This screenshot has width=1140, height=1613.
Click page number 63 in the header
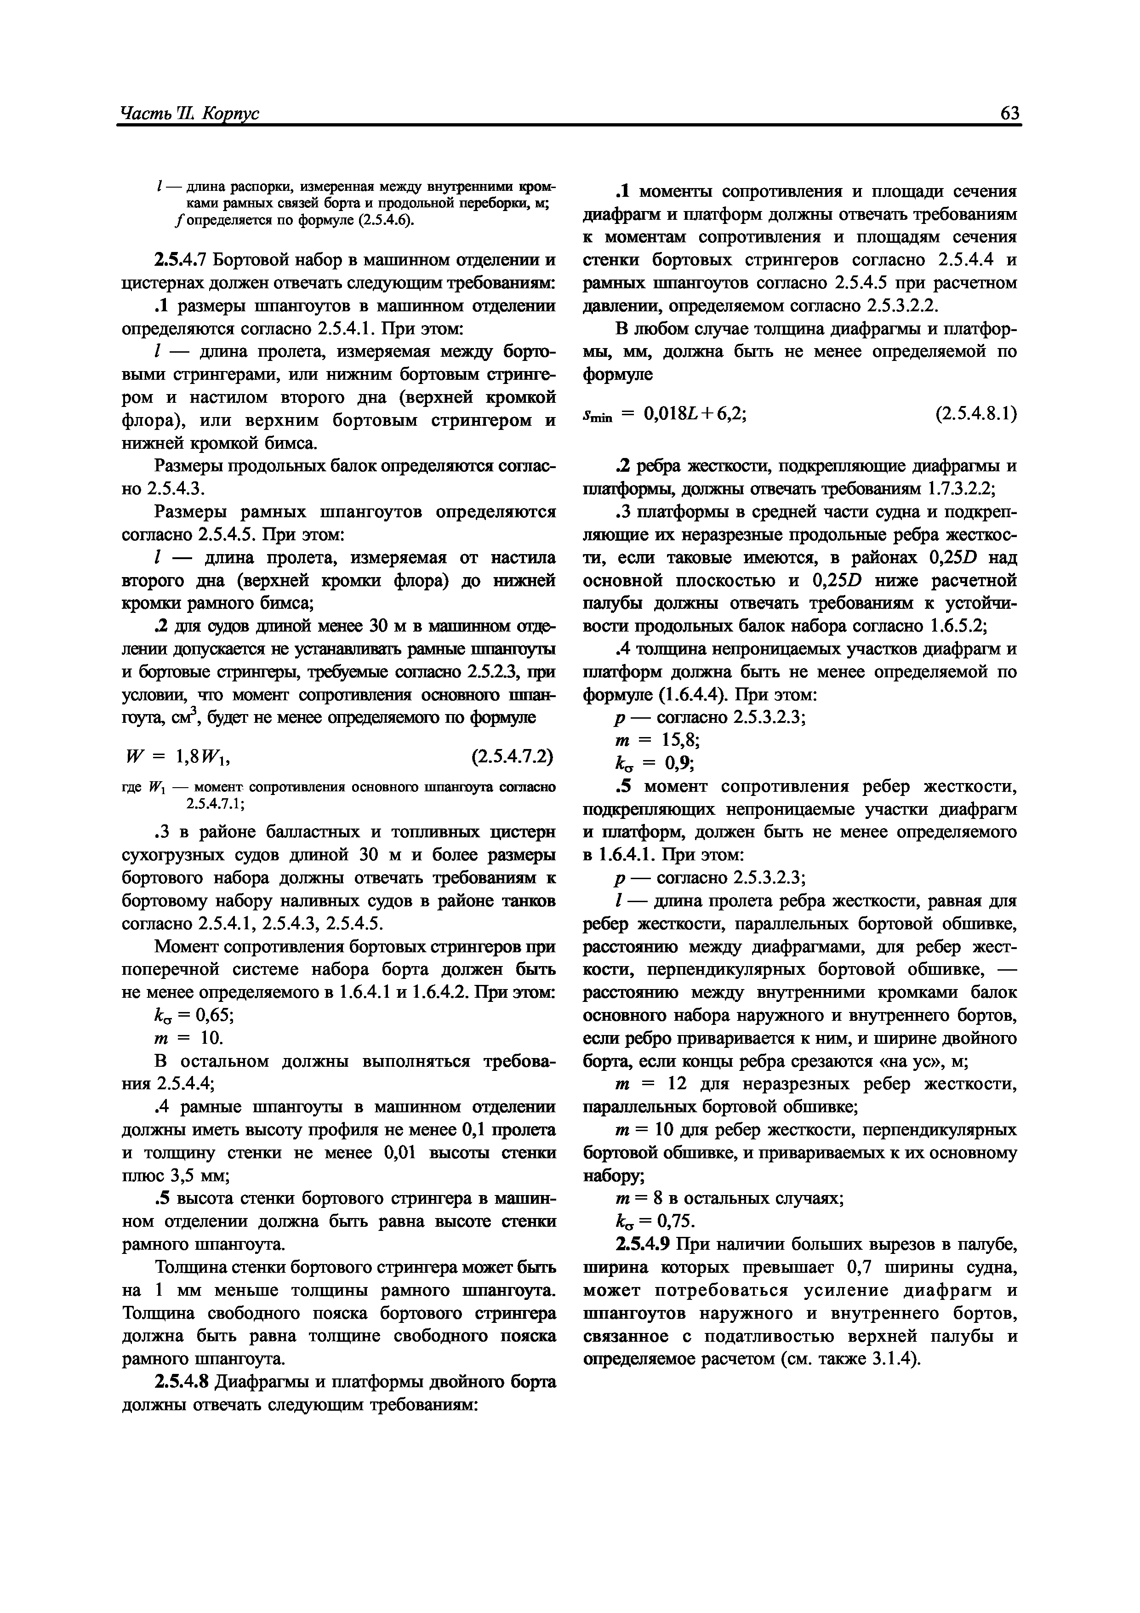pyautogui.click(x=1009, y=113)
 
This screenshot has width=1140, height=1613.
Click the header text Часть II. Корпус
pyautogui.click(x=190, y=113)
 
